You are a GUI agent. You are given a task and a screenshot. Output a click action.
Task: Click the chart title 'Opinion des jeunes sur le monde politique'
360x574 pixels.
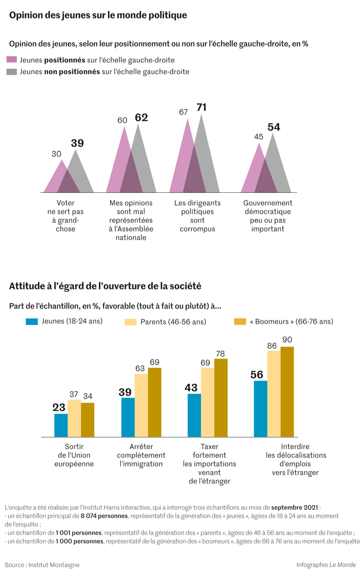(x=98, y=15)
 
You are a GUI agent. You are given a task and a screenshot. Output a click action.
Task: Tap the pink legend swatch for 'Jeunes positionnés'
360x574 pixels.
(x=12, y=60)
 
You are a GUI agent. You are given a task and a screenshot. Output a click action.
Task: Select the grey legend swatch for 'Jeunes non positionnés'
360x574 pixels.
(x=12, y=72)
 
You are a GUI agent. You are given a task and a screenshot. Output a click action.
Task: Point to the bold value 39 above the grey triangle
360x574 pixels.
(x=77, y=143)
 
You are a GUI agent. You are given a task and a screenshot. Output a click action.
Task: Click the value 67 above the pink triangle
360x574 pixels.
(x=184, y=112)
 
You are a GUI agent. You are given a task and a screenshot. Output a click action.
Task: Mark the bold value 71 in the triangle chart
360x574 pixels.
(x=201, y=107)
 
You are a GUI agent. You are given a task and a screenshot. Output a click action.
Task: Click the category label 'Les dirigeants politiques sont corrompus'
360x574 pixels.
(x=197, y=216)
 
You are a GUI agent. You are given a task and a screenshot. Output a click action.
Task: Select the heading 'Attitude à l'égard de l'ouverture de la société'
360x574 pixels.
(x=105, y=285)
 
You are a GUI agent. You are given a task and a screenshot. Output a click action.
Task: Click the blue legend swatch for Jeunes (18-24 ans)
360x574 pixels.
(x=32, y=321)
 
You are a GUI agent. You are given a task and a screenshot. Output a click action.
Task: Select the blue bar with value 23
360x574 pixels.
(x=61, y=425)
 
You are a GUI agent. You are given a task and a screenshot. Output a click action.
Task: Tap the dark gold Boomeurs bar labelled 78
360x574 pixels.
(x=221, y=398)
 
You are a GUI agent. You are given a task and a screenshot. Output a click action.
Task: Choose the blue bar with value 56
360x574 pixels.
(x=261, y=408)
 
